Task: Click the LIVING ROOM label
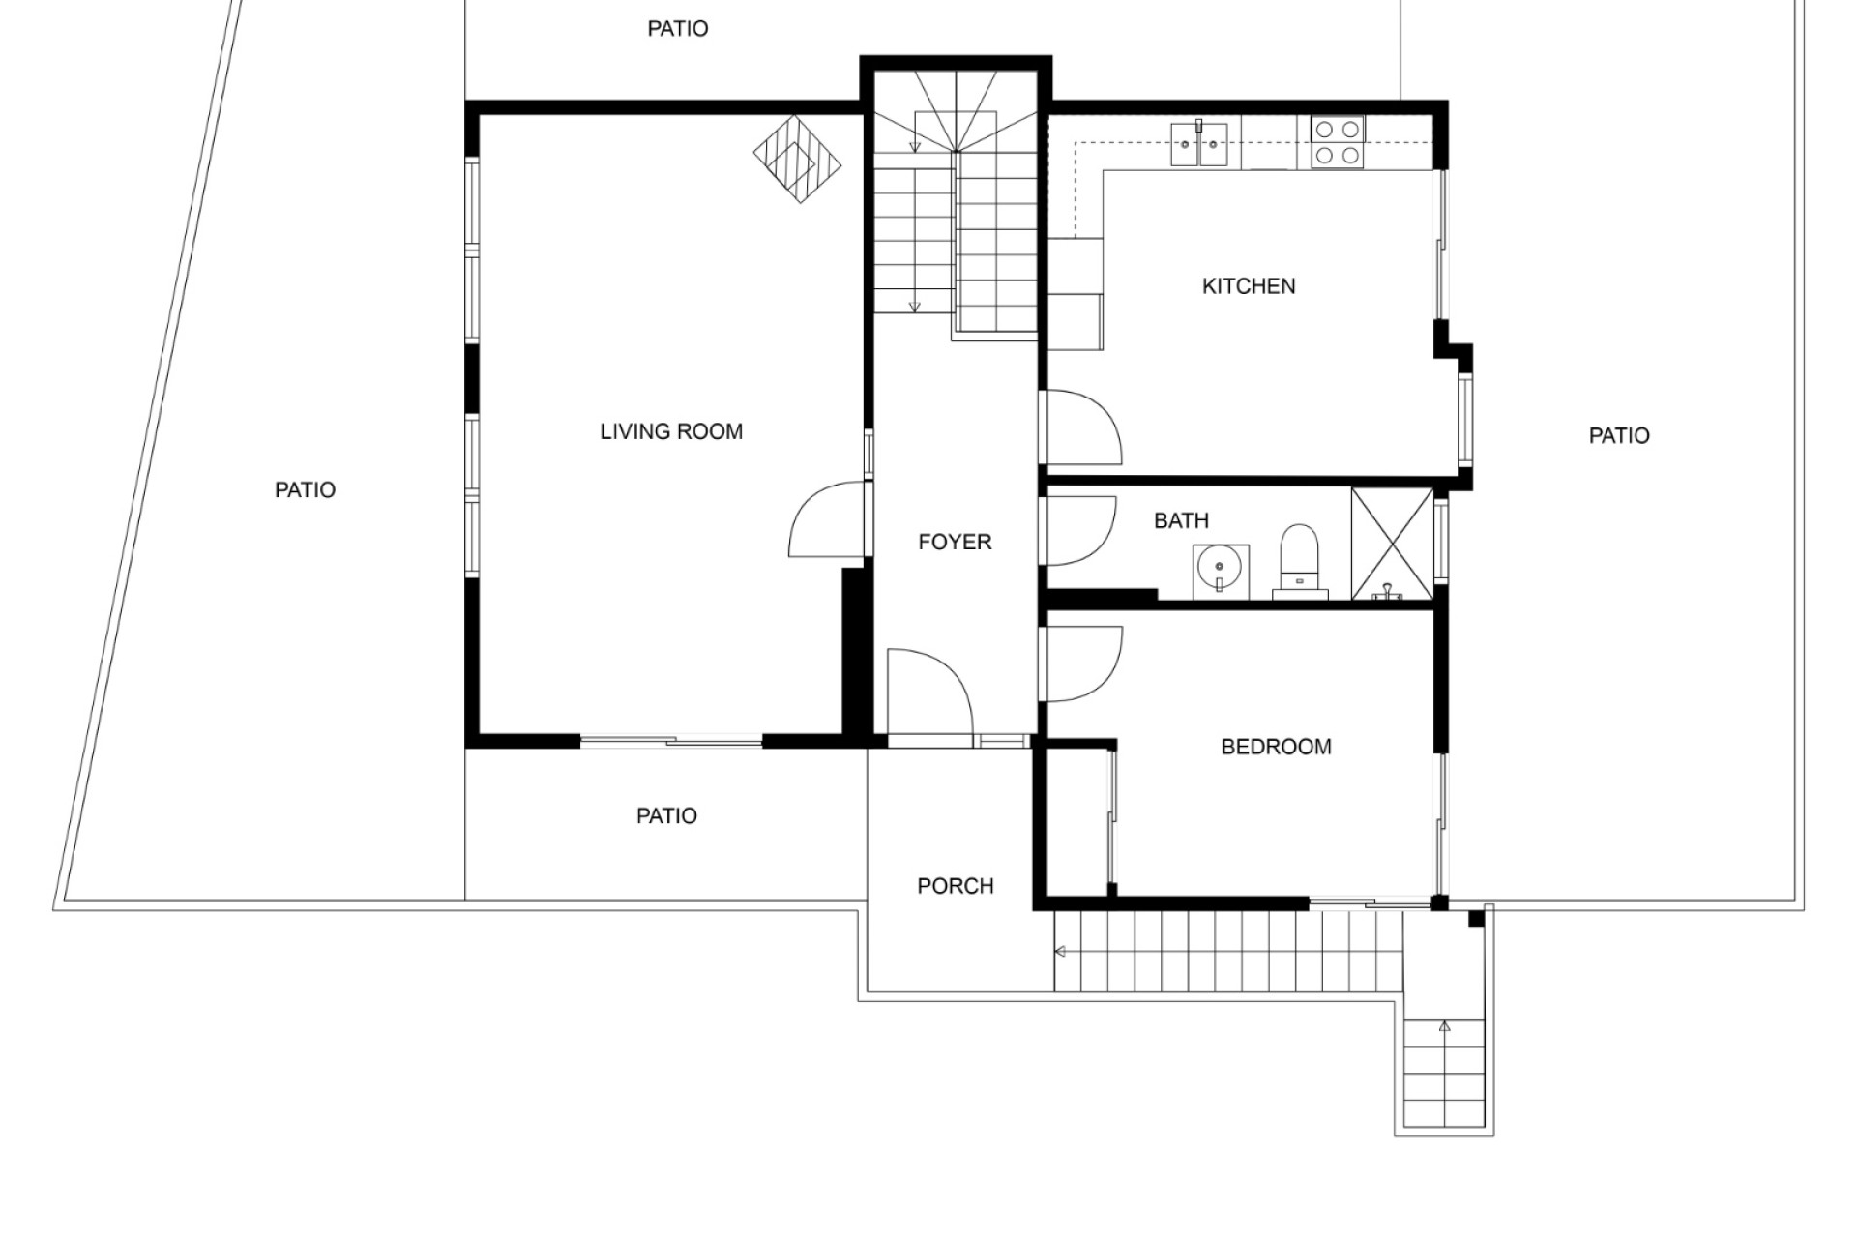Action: pos(671,431)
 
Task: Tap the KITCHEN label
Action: pos(1249,286)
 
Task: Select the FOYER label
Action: pos(955,542)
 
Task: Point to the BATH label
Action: pos(1181,520)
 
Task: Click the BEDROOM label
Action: pos(1276,747)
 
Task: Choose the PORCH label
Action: pos(955,886)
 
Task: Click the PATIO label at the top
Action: pos(677,29)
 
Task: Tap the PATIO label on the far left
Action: pos(305,490)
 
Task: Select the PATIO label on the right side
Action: pos(1619,436)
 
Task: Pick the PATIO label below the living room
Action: pos(666,816)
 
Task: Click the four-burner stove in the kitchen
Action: pos(1338,142)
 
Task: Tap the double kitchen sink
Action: pos(1199,144)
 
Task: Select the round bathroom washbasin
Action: pos(1221,571)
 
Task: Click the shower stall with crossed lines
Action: pos(1392,544)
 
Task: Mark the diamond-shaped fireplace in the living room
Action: pos(797,159)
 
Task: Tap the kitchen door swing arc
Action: pos(1106,414)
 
